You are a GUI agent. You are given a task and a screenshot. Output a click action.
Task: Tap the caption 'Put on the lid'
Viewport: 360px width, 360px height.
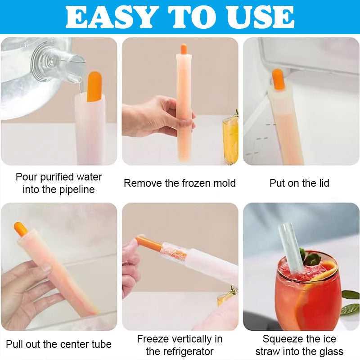[x=299, y=183]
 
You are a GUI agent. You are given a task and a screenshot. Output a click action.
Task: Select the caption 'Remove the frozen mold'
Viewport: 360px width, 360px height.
[x=180, y=183]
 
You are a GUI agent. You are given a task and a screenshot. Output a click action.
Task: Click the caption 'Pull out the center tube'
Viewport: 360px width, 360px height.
[x=58, y=345]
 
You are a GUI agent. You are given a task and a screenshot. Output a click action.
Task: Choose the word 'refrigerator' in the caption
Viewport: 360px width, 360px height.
[x=186, y=351]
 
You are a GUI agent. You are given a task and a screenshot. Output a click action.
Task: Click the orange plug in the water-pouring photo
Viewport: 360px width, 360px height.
[x=94, y=86]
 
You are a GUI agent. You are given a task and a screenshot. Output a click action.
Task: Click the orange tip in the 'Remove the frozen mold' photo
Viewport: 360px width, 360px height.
[x=184, y=49]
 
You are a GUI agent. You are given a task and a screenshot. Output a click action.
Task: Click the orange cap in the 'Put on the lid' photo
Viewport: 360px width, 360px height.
[x=278, y=79]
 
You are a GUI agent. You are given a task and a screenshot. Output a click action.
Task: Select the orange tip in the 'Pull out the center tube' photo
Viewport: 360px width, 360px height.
[x=21, y=229]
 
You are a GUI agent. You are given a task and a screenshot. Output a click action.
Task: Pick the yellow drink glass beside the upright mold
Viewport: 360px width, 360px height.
[x=230, y=139]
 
